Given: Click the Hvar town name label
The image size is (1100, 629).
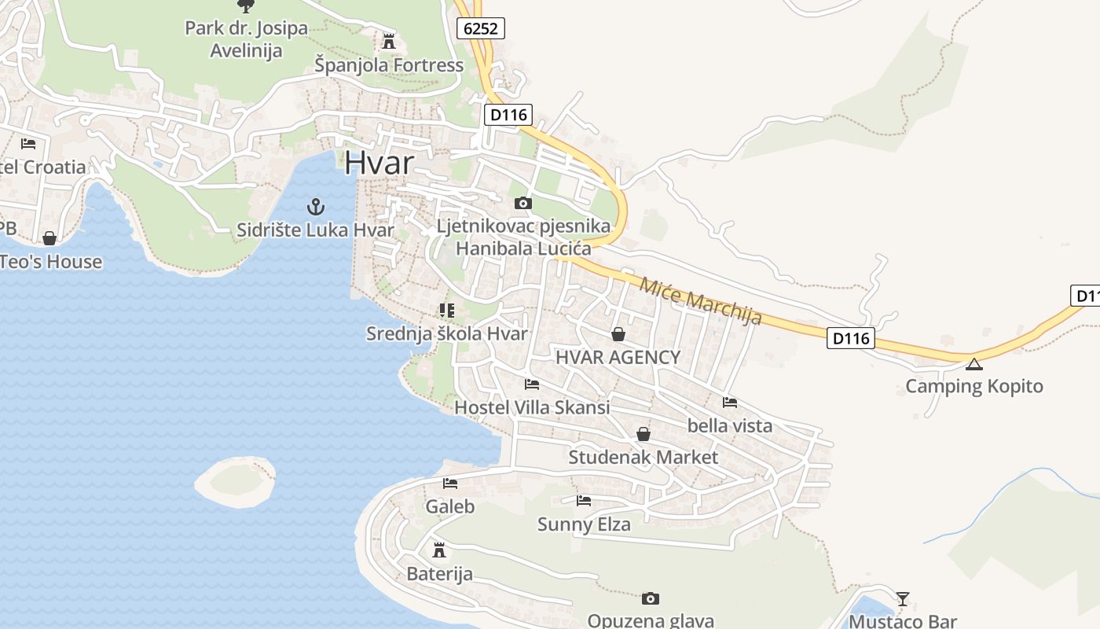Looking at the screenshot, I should pyautogui.click(x=379, y=162).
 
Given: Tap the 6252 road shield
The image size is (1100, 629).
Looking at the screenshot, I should pyautogui.click(x=480, y=28).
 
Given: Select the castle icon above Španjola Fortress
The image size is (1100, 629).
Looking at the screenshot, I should pyautogui.click(x=389, y=41).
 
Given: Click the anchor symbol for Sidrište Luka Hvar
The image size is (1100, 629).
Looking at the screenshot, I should pyautogui.click(x=315, y=207).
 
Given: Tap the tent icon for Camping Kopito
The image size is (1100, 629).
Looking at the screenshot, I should pyautogui.click(x=974, y=363).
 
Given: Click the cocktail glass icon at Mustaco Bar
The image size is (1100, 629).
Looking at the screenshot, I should pyautogui.click(x=903, y=599).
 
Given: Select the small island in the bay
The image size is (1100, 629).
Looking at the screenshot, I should pyautogui.click(x=235, y=480).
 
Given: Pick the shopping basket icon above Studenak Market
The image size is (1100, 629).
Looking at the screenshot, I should pyautogui.click(x=643, y=434).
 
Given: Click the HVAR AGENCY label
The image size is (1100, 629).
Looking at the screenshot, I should pyautogui.click(x=618, y=357).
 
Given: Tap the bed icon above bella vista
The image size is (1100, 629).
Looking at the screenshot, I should pyautogui.click(x=730, y=403).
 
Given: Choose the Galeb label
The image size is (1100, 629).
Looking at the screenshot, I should pyautogui.click(x=450, y=506).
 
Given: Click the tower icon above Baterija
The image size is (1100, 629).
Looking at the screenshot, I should pyautogui.click(x=439, y=550).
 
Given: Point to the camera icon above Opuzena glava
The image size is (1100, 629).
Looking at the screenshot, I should pyautogui.click(x=651, y=599).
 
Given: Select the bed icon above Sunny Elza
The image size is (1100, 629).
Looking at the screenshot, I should pyautogui.click(x=584, y=500).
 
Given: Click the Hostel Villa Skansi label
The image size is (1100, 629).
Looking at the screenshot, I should pyautogui.click(x=532, y=407).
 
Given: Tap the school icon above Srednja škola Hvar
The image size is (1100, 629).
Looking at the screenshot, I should pyautogui.click(x=447, y=311).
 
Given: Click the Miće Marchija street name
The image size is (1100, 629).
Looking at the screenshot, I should pyautogui.click(x=701, y=301).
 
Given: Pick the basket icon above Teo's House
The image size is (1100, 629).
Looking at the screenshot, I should pyautogui.click(x=49, y=238).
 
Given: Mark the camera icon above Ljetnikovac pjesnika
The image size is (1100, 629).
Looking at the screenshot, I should pyautogui.click(x=522, y=204).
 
